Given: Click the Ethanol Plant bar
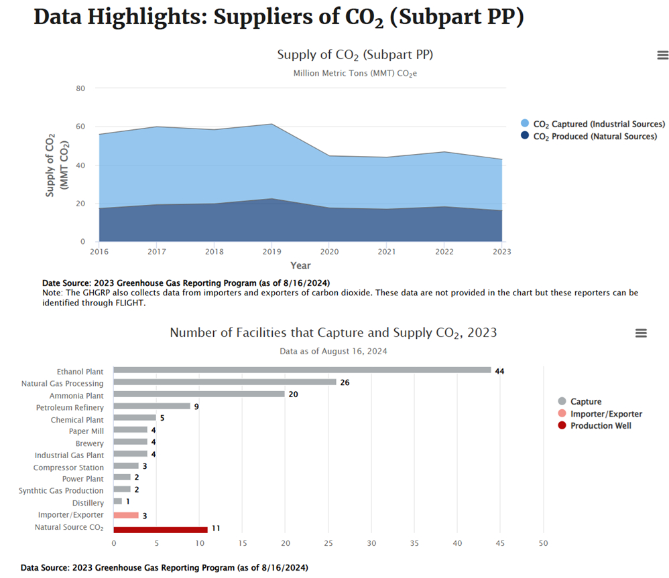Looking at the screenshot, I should [x=302, y=370].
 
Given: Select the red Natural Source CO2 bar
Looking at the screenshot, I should [x=161, y=528].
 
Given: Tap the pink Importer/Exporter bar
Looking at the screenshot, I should [x=126, y=515].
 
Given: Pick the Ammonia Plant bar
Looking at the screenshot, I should [x=199, y=394].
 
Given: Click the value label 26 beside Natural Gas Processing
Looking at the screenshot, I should [x=345, y=382].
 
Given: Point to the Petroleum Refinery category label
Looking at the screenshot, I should [x=70, y=407].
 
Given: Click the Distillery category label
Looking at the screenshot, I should [x=88, y=503].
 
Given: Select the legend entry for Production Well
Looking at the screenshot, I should [x=600, y=426].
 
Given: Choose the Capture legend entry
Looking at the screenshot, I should [x=585, y=402].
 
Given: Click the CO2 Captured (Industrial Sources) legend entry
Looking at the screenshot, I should [x=598, y=124].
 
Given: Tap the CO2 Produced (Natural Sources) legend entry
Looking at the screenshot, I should [x=594, y=137].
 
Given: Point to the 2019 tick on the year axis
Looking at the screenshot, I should [x=271, y=252].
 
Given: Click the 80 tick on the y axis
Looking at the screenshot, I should [x=80, y=88].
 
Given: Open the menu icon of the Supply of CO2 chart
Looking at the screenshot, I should [x=663, y=56].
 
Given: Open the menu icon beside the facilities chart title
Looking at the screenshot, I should [x=641, y=333].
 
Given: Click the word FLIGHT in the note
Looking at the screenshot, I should [x=131, y=303].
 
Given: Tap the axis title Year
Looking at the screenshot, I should [x=300, y=265].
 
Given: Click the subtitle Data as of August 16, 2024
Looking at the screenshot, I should [x=333, y=351].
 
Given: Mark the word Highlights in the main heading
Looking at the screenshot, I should [x=147, y=17].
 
